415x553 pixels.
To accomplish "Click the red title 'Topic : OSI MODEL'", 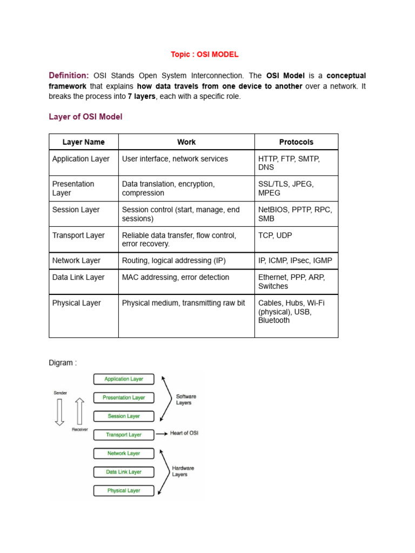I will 204,55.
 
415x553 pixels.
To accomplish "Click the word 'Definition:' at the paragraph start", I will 69,76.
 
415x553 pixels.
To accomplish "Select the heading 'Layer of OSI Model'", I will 85,117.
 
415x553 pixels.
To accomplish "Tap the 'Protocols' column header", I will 296,142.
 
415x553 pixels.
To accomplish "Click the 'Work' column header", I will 186,142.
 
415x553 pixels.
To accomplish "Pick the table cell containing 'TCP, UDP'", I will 296,239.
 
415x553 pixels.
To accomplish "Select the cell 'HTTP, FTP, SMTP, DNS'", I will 296,163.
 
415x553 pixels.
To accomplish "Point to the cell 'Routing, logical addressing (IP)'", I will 174,260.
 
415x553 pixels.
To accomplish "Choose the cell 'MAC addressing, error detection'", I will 176,277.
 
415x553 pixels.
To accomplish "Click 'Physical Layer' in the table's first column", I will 76,303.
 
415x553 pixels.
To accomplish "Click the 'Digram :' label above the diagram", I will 63,363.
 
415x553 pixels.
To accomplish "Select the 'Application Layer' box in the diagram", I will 124,379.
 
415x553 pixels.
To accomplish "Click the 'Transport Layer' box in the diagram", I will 124,435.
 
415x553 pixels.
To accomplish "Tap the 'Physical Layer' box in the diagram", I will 124,490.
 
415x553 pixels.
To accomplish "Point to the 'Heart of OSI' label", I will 184,433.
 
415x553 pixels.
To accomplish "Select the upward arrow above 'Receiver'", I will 79,411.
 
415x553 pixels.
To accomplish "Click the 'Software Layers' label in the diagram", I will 186,400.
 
